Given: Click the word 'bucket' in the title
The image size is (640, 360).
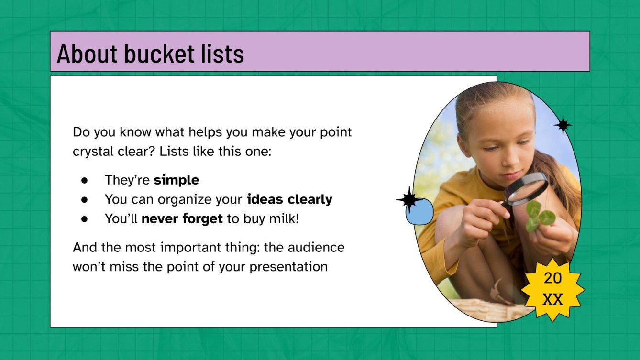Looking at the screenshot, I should point(156,54).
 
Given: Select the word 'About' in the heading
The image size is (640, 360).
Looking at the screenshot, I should point(88,54).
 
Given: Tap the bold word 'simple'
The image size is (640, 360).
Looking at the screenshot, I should point(176,180).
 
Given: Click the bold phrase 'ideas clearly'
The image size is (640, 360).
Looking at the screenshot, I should point(289,199).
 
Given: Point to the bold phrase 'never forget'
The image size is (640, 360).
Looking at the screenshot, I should point(182,219).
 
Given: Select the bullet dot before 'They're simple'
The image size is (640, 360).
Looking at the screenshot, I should point(84,181).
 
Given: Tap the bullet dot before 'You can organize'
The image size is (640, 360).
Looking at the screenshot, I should point(84,200).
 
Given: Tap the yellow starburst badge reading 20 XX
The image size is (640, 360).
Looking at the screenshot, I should point(552,289).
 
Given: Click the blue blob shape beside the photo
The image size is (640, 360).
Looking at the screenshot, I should point(419,213).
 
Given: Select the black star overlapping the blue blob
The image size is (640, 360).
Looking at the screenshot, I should point(408,199).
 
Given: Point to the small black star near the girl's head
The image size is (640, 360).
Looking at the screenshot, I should point(563,125).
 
